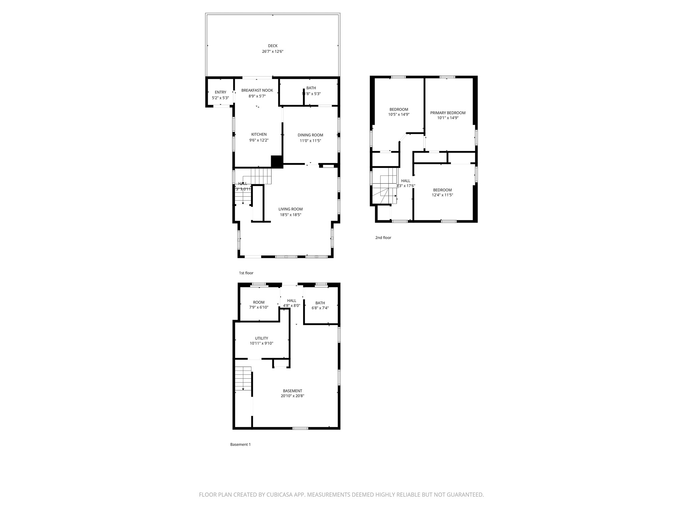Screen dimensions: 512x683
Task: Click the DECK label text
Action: [272, 46]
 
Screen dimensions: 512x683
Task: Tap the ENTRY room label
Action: [220, 92]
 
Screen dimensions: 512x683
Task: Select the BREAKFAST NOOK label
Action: [257, 90]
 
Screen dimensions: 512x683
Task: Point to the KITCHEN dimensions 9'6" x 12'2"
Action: [259, 140]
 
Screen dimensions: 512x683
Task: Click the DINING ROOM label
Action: [310, 135]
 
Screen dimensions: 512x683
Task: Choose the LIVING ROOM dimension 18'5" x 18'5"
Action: [290, 215]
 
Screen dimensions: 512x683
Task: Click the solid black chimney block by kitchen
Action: [277, 162]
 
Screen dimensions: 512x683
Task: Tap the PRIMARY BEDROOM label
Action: [448, 113]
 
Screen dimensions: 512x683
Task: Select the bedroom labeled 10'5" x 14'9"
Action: [399, 112]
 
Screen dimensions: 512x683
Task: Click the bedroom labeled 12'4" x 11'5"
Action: [442, 193]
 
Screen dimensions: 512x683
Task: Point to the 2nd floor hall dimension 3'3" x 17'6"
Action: [406, 186]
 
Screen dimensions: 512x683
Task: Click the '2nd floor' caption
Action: [383, 238]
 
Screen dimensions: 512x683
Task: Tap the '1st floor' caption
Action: [246, 273]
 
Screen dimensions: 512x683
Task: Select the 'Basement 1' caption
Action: [240, 444]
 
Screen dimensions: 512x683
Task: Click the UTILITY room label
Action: [261, 338]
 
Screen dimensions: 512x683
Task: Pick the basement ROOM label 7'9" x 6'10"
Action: [258, 305]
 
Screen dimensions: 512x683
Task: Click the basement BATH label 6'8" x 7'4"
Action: [320, 305]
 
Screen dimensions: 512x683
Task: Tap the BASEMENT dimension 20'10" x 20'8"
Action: [292, 396]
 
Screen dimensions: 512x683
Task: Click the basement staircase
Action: [243, 378]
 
